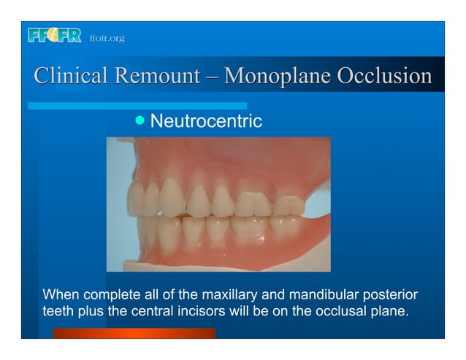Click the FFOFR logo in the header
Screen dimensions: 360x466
click(x=54, y=36)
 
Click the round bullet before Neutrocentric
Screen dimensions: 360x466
click(x=141, y=120)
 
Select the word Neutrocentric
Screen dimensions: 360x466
click(x=205, y=121)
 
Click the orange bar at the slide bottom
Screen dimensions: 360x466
click(x=134, y=333)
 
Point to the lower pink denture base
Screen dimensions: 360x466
click(x=219, y=256)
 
